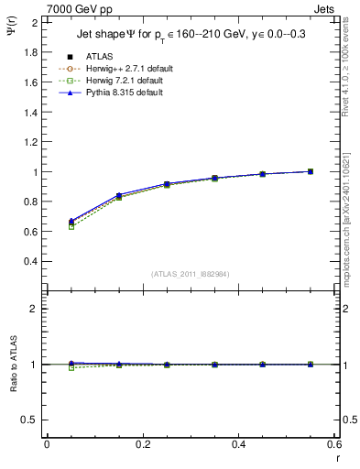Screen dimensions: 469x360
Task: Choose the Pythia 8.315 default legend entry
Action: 125,93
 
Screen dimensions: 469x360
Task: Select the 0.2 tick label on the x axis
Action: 142,444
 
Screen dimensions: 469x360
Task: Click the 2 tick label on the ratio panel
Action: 35,309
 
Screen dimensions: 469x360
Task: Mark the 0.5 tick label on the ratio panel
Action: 31,420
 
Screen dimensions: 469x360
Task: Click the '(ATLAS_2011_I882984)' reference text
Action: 191,275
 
